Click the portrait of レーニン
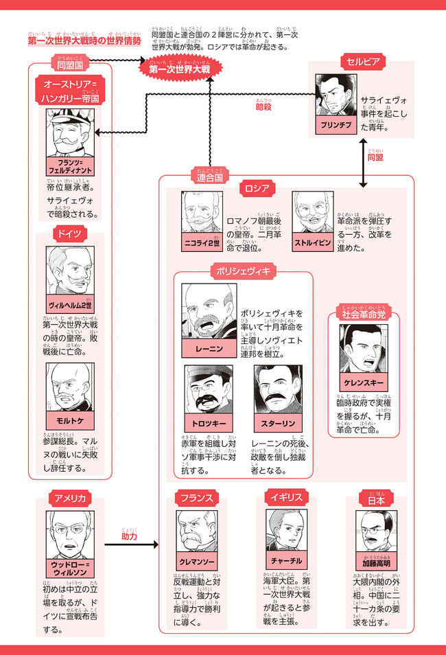[x=209, y=312]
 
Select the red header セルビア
[x=362, y=62]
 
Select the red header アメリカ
[x=71, y=497]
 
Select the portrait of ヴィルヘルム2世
[x=71, y=271]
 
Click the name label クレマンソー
[x=199, y=562]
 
